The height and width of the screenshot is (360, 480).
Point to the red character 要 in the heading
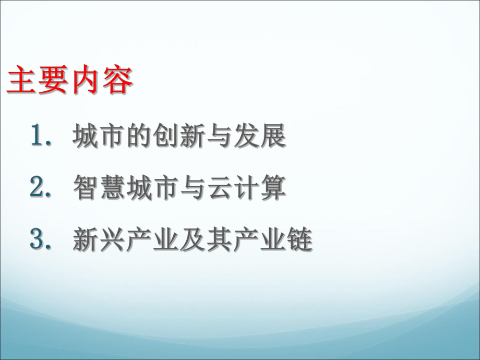tap(53, 80)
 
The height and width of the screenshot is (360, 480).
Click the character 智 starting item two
tap(86, 189)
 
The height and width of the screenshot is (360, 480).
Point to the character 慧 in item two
tap(113, 189)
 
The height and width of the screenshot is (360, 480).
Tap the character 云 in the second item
tap(220, 189)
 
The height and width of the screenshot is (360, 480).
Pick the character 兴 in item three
tap(113, 241)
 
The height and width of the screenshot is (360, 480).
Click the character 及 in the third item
tap(193, 241)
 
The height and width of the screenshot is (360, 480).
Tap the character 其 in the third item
tap(220, 241)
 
